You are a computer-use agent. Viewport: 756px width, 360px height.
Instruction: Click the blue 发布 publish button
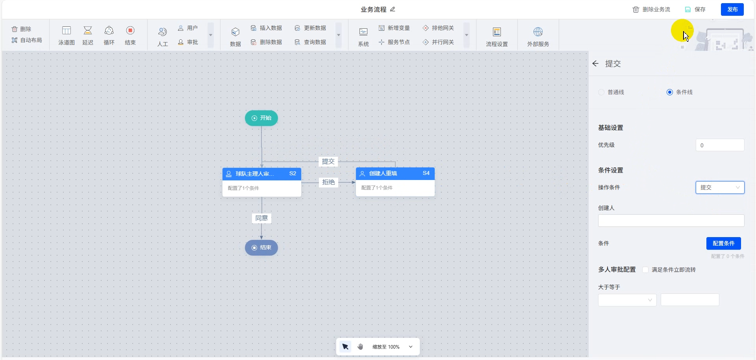point(732,9)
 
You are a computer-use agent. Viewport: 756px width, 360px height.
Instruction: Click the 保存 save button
point(695,9)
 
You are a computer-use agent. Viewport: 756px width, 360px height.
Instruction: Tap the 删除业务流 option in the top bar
point(651,9)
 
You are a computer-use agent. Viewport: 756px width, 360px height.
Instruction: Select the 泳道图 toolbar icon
point(67,35)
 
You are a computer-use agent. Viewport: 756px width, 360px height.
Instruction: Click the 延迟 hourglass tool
point(88,35)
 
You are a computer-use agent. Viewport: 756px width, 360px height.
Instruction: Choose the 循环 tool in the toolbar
point(109,35)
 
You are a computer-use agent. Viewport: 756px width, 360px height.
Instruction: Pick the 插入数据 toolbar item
point(267,28)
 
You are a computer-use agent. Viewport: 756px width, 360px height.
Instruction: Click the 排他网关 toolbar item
point(438,28)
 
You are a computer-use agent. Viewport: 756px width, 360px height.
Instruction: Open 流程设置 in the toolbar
point(497,36)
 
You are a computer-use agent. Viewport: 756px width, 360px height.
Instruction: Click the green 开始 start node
point(261,118)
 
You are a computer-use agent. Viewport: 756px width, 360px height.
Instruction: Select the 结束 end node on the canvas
point(261,248)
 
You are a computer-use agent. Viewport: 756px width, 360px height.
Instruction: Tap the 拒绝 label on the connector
point(328,182)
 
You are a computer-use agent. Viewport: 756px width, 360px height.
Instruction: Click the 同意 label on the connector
point(261,218)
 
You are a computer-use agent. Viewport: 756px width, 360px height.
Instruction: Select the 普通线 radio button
point(601,92)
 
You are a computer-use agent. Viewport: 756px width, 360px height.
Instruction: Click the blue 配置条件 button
point(723,243)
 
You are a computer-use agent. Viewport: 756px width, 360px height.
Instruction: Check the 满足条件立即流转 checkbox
point(645,270)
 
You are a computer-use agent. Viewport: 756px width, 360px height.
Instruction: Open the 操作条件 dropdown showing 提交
point(720,187)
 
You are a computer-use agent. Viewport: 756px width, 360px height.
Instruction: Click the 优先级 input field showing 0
point(720,145)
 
